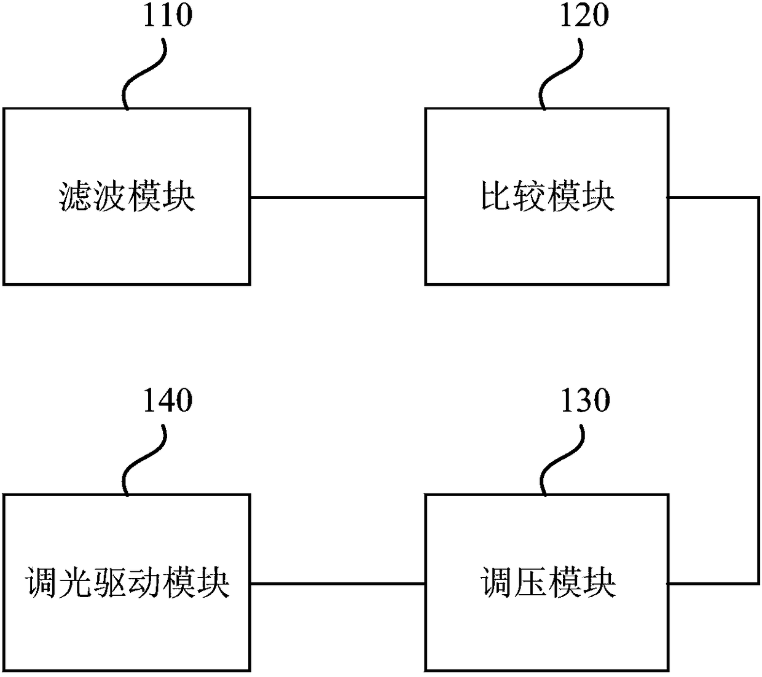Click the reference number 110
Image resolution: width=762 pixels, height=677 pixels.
(167, 15)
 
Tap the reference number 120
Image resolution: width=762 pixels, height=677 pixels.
(584, 15)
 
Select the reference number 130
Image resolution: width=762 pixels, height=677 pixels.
(585, 401)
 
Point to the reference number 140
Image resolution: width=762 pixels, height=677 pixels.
(167, 401)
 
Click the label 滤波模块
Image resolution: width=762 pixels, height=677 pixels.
(127, 197)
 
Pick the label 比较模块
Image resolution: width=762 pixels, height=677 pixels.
(547, 197)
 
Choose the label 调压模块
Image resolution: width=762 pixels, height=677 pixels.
(547, 582)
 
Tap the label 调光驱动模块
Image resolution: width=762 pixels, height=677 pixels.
(127, 582)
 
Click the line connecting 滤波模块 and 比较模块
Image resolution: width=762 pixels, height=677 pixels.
(337, 197)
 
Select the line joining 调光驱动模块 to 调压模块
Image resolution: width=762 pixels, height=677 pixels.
(337, 583)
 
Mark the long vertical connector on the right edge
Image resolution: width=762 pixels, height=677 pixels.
(758, 390)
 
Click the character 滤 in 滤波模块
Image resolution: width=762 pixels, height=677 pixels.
(76, 197)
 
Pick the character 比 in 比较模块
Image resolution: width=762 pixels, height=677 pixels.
(497, 197)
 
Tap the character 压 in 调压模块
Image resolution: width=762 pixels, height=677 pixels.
(530, 582)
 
